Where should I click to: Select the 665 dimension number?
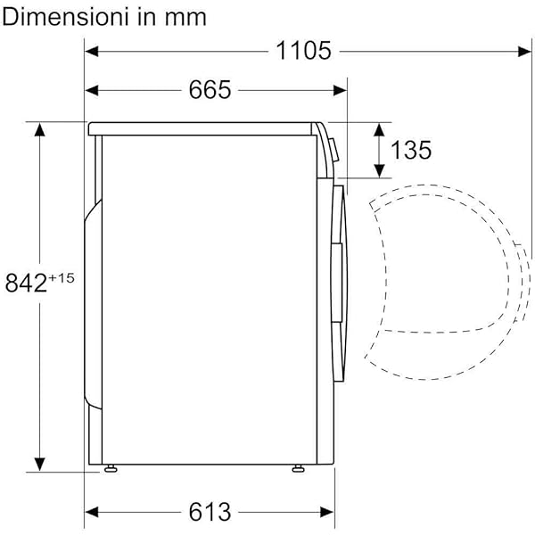click(x=210, y=89)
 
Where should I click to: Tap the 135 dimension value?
click(x=410, y=150)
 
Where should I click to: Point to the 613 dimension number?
click(x=210, y=512)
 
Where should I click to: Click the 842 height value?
click(x=26, y=283)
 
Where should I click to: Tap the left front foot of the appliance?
click(x=110, y=468)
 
